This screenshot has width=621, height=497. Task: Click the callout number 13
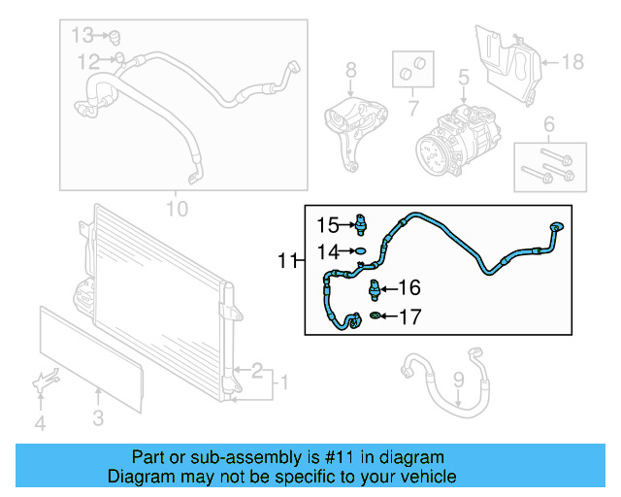click(x=83, y=35)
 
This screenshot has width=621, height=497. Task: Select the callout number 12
click(x=89, y=61)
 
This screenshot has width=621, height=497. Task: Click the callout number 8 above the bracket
click(x=350, y=69)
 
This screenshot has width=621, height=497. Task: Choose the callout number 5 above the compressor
click(x=463, y=76)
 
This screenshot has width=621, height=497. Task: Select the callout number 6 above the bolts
click(x=548, y=123)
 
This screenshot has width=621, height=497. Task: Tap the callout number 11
click(x=286, y=260)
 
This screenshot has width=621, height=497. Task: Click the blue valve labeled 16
click(x=376, y=287)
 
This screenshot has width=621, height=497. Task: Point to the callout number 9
click(x=459, y=381)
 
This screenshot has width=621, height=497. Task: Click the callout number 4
click(x=40, y=423)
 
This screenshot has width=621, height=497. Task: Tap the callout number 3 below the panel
click(x=99, y=418)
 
